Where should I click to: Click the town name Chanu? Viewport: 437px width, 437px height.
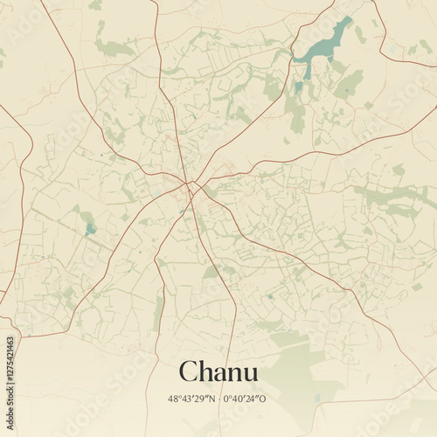click(218, 371)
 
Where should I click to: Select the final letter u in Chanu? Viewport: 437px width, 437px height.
click(250, 374)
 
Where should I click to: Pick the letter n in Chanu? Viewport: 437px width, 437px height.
click(237, 374)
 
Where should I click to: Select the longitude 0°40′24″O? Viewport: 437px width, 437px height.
click(244, 399)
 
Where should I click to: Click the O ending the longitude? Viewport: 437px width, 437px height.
click(262, 399)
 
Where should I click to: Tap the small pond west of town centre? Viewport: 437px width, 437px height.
click(90, 229)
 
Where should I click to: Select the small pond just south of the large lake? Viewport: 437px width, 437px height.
click(299, 87)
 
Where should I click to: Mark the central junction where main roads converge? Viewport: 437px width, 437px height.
click(191, 184)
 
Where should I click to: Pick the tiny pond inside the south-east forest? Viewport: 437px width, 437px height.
click(317, 398)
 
